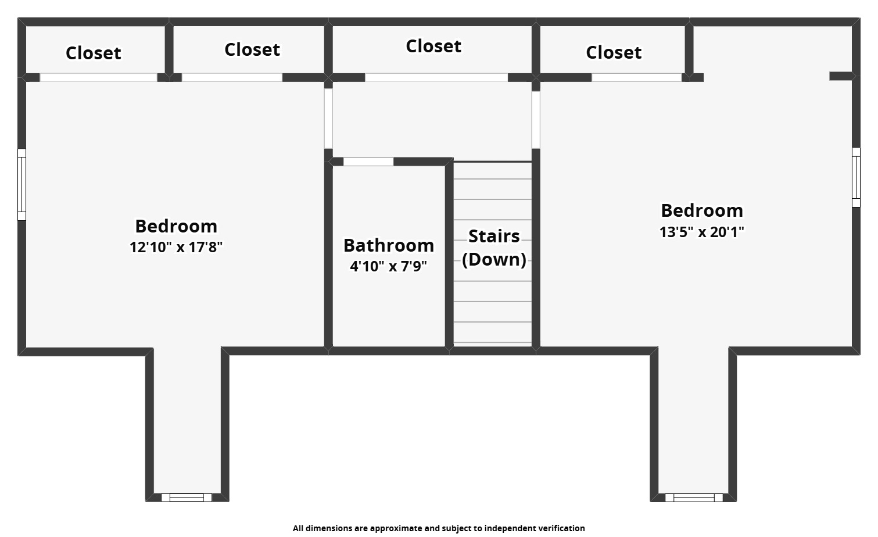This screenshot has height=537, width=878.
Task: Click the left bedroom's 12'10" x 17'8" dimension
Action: coord(176,247)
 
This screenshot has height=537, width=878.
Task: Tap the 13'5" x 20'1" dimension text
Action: coord(701,232)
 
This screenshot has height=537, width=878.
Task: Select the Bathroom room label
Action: coord(388,245)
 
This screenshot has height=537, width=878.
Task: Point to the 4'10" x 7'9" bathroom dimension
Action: coord(388,266)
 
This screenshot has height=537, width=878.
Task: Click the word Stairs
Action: coord(493,236)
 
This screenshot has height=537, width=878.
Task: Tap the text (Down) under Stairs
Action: coord(494,259)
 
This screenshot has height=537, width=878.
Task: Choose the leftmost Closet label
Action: coord(93,53)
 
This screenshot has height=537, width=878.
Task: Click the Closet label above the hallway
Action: coord(433,46)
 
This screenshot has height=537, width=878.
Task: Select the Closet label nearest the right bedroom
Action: coord(614,52)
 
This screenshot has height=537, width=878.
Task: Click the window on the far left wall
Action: coord(21,185)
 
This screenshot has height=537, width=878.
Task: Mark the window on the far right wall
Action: coord(856,177)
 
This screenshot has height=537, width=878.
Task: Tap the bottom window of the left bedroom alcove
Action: coord(187,497)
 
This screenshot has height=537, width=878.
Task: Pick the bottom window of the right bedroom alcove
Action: coord(694,497)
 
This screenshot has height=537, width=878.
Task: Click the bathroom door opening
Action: coord(368,162)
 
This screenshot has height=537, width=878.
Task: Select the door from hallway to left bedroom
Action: coord(328,118)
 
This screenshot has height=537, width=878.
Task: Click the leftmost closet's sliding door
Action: coord(98,77)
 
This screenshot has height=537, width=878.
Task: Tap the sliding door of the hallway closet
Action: coord(436,77)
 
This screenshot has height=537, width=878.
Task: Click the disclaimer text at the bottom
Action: coord(439,528)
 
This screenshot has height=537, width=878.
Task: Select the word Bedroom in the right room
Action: coord(701,210)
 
